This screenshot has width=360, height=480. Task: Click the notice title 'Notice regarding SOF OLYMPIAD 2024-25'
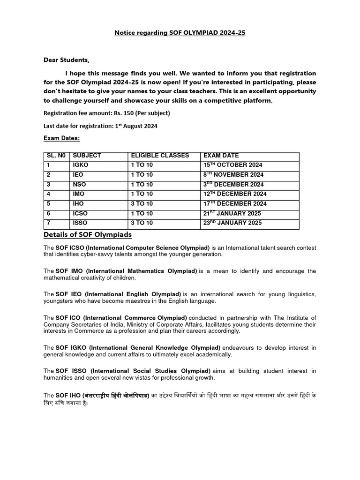pos(180,33)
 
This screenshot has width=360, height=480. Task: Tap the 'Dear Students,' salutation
pos(66,60)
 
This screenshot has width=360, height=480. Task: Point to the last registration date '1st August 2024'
pos(136,126)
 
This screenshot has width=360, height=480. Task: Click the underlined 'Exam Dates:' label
pos(61,138)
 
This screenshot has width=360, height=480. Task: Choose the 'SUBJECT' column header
pos(87,156)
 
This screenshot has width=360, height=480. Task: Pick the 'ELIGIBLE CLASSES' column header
pos(160,156)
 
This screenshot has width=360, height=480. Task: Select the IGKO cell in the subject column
pos(80,165)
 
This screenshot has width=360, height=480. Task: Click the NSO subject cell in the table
pos(79,185)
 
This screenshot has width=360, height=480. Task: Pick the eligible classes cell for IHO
pos(142,204)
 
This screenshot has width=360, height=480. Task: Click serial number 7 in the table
pos(48,223)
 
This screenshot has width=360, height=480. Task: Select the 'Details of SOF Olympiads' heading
pos(88,234)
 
